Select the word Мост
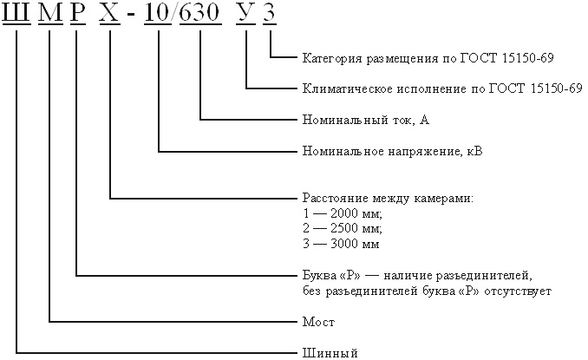click(317, 322)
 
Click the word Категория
click(330, 59)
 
